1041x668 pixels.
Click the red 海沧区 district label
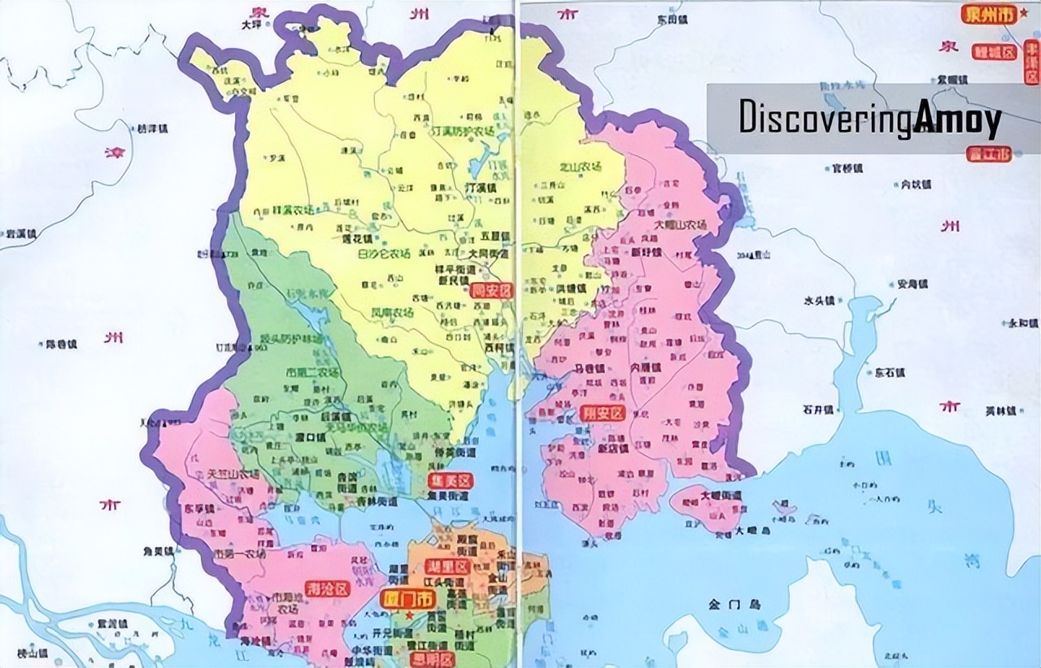coord(328,588)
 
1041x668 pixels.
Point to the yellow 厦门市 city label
coord(408,600)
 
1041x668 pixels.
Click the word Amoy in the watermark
coord(957,119)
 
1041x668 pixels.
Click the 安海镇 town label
coord(912,284)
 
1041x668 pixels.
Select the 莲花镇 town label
coord(355,241)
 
